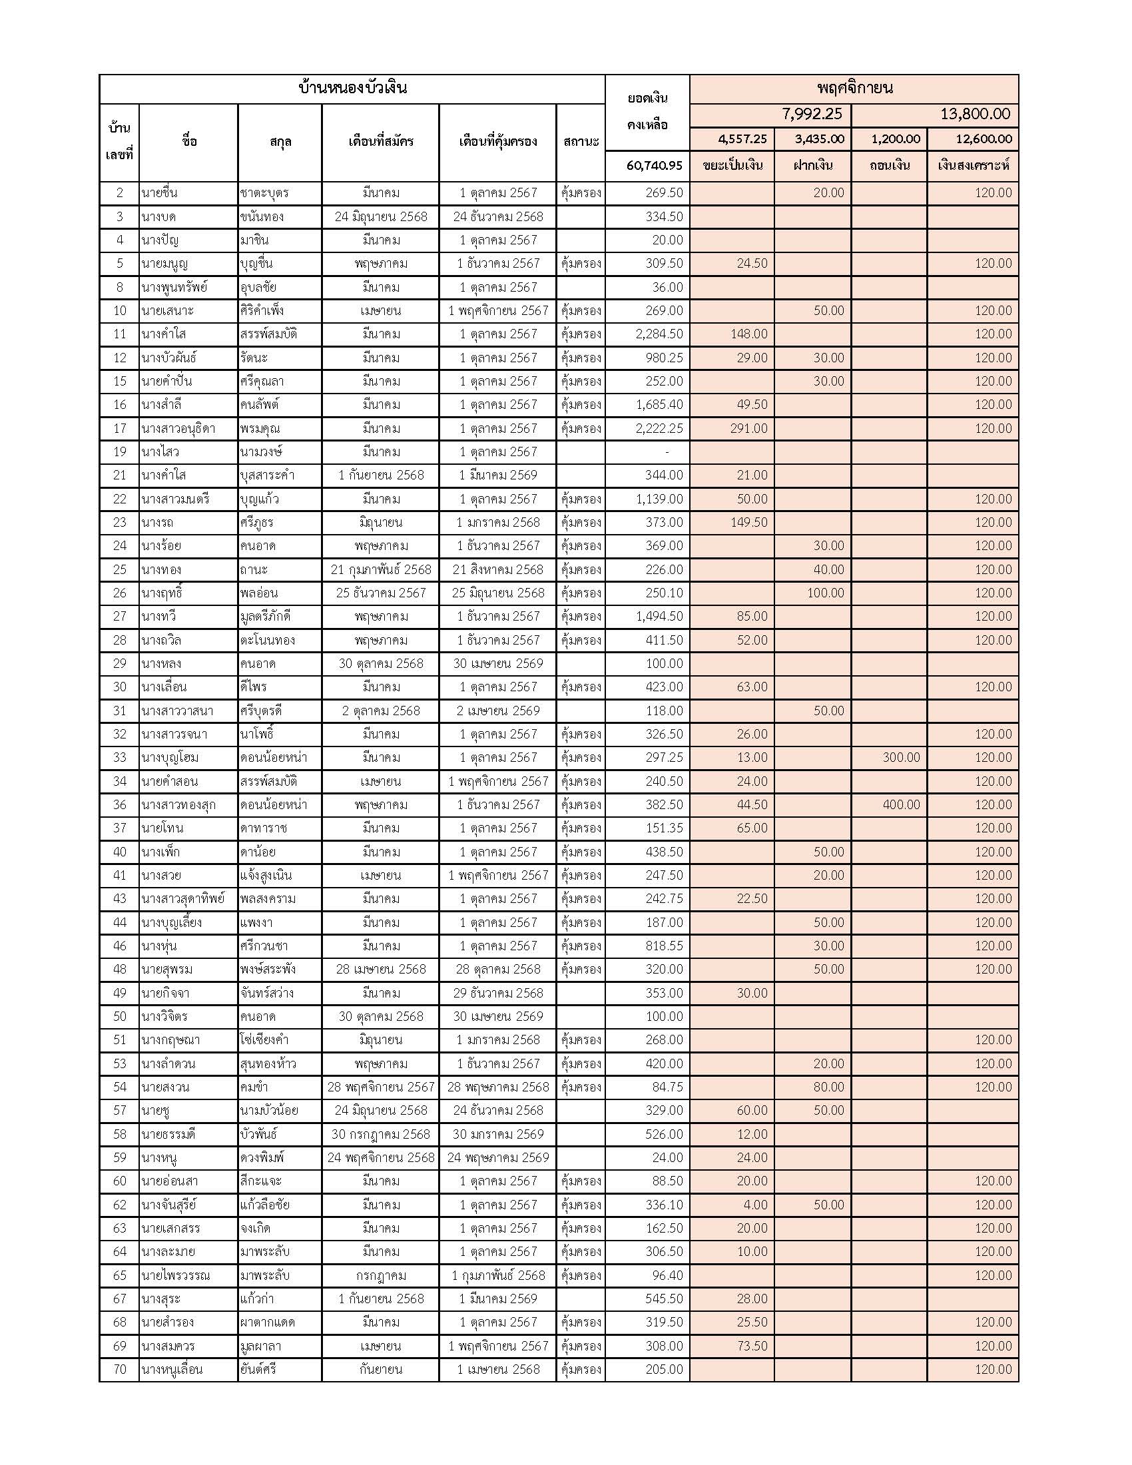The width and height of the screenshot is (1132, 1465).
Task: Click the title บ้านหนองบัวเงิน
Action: point(353,88)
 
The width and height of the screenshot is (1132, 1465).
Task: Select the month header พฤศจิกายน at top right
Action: point(854,88)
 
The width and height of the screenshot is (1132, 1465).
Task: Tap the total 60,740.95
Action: point(654,165)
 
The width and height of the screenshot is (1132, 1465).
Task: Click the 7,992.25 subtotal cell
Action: point(812,114)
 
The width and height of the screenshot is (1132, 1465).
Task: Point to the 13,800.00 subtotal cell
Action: point(974,114)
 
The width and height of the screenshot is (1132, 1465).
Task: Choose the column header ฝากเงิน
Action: point(813,165)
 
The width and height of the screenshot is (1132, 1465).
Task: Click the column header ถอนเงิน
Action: point(889,165)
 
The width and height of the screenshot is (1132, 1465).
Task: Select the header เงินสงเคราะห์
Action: point(972,165)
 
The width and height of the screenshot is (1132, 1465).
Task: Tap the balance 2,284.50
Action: point(659,334)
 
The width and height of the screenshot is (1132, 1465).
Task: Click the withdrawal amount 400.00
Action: point(901,805)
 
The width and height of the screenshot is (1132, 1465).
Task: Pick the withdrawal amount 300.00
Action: point(901,757)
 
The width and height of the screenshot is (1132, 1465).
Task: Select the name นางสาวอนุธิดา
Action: point(178,429)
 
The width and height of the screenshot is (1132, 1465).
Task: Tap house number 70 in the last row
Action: point(119,1370)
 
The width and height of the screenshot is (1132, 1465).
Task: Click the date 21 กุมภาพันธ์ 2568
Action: point(380,569)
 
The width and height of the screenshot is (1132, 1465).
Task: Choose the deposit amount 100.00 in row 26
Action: point(825,593)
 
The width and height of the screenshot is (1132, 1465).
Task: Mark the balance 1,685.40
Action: point(659,404)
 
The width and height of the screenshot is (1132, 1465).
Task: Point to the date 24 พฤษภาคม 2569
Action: point(497,1157)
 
